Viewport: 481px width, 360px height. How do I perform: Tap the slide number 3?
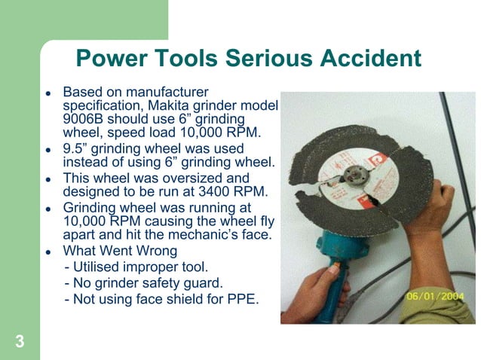point(20,343)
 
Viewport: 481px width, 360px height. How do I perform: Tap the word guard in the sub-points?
point(205,283)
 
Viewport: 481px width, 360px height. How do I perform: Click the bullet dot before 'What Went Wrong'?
point(47,252)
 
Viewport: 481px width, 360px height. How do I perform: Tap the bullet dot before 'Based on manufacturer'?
point(47,90)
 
